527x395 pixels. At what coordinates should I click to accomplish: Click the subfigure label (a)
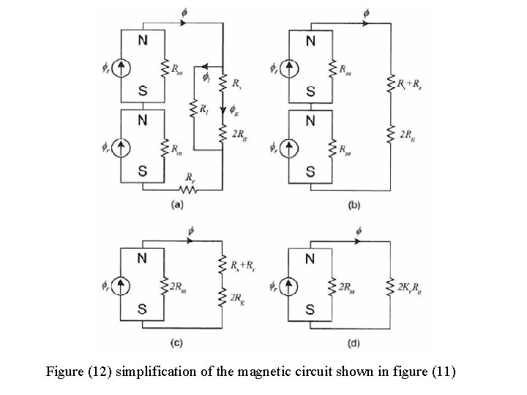point(176,206)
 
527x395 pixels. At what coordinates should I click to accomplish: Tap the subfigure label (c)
point(176,342)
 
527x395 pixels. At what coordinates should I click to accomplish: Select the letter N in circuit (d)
point(310,258)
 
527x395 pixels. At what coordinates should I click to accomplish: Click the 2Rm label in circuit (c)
point(176,286)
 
